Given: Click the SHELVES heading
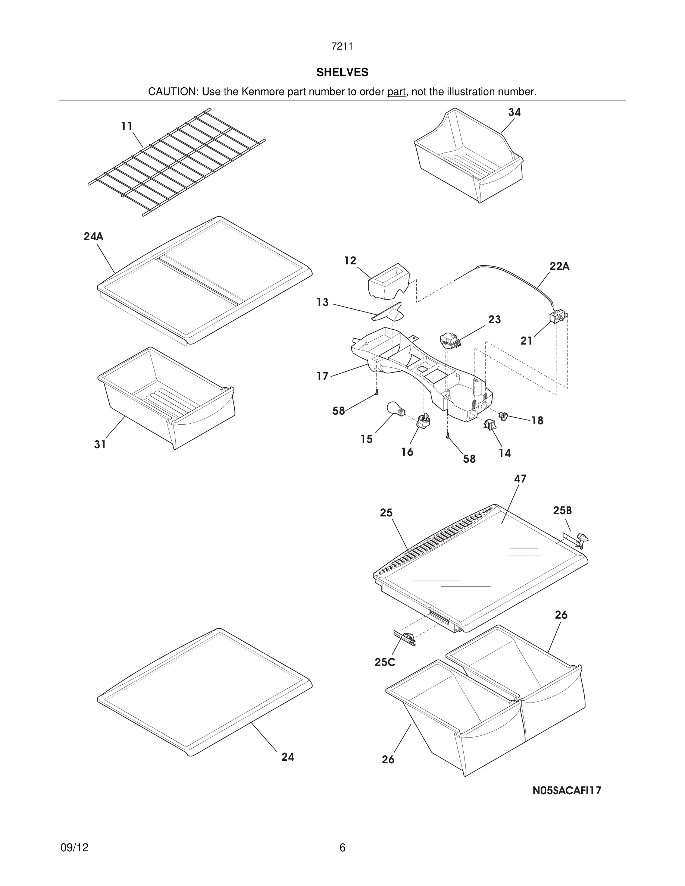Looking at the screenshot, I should coord(342,72).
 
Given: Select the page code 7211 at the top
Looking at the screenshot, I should coord(342,47).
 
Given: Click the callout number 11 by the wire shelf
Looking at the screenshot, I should coord(126,126).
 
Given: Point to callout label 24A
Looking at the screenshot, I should coord(93,236).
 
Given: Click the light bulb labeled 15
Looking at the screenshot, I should coord(395,408).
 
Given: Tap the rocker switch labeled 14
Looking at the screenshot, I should coord(490,424).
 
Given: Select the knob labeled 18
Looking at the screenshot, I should coord(503,416).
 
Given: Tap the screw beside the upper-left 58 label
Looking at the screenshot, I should coord(377,392).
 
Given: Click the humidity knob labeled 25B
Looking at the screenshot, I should coord(582,538).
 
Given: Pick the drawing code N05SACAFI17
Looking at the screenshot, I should coord(566,790).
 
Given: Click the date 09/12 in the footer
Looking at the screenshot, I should coord(74,848).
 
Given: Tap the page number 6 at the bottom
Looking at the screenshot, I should coord(342,848).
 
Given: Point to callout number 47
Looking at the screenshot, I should coord(520,479).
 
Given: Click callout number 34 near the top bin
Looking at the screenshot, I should coord(514,112).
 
